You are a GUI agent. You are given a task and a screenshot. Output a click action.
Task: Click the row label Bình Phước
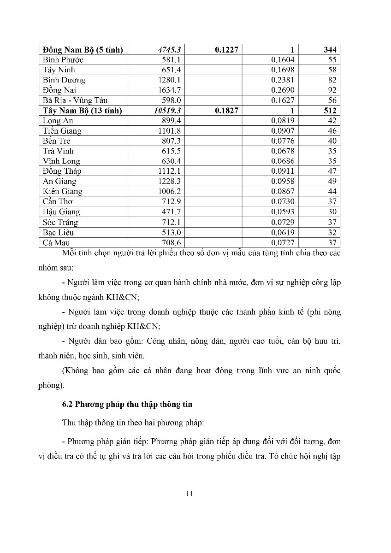coord(63,60)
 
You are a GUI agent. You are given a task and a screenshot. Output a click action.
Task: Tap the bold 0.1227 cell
coord(226,50)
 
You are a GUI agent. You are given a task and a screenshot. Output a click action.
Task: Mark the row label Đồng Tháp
coord(62,171)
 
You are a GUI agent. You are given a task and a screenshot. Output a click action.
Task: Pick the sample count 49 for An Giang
coord(332,182)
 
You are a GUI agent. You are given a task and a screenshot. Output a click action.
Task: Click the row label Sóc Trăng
coord(60,222)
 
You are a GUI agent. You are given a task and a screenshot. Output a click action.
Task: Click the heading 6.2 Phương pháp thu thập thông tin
coord(127,405)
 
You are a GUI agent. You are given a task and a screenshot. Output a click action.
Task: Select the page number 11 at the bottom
coord(190,494)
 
